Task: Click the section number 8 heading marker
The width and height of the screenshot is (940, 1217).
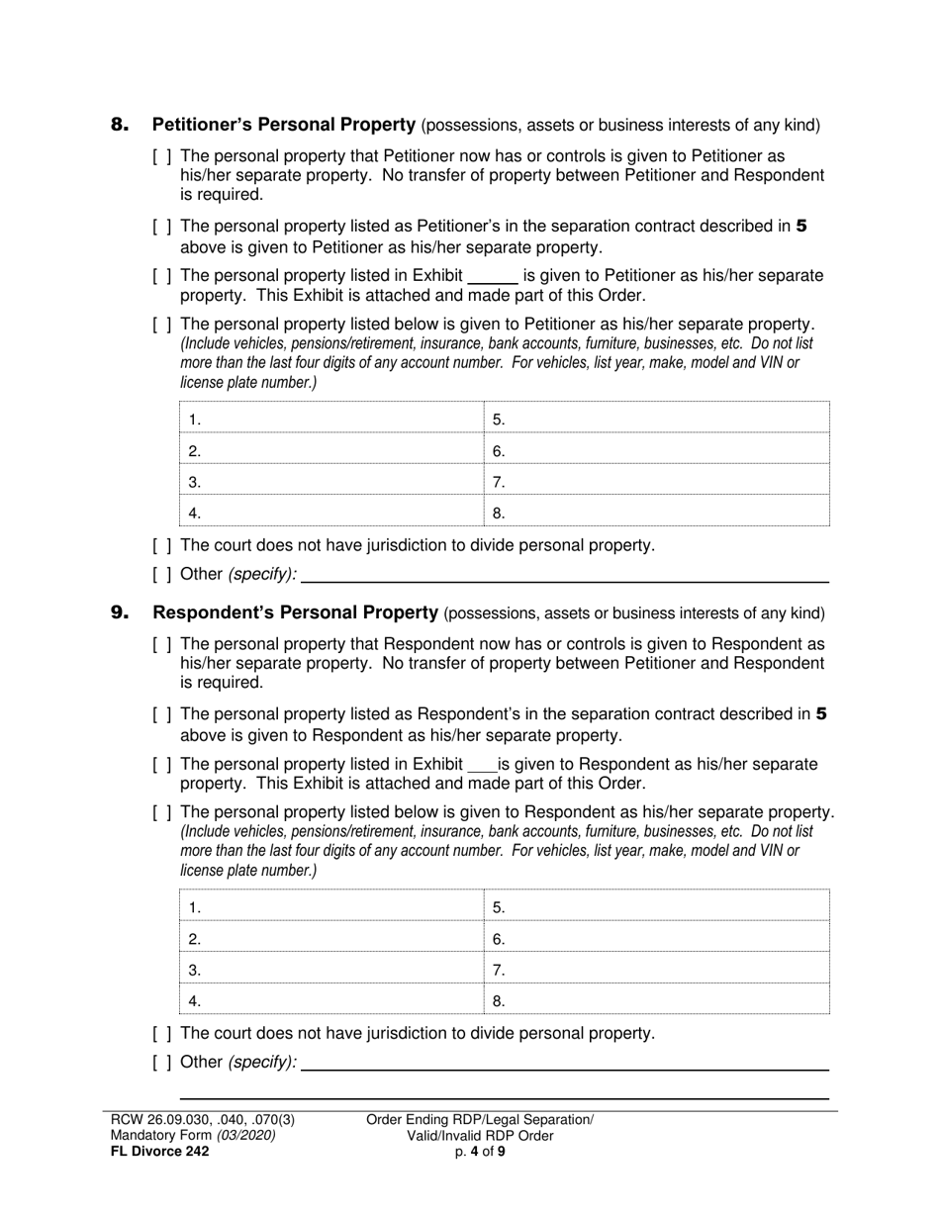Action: [120, 125]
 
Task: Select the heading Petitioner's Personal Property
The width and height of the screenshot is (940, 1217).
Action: [283, 125]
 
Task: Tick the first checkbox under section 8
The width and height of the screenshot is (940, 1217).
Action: [163, 157]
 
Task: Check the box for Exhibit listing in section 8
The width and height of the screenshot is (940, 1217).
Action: [163, 276]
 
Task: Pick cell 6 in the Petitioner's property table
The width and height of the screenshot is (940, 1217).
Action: [657, 451]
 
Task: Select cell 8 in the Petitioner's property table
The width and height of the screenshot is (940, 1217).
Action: [657, 513]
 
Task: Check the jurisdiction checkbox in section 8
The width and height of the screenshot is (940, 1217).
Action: [163, 545]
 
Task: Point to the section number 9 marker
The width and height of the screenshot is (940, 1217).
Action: [120, 613]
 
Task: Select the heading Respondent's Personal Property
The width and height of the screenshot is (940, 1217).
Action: [295, 613]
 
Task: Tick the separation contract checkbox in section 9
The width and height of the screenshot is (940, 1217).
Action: [163, 715]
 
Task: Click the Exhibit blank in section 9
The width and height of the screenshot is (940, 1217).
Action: [481, 766]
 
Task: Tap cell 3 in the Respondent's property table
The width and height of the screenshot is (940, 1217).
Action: [331, 970]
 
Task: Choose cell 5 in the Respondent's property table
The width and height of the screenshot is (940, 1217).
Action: [657, 907]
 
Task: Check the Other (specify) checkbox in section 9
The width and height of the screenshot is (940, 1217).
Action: [163, 1063]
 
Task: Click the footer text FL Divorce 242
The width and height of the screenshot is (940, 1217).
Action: [159, 1152]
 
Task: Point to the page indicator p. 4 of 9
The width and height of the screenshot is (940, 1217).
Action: [480, 1152]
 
